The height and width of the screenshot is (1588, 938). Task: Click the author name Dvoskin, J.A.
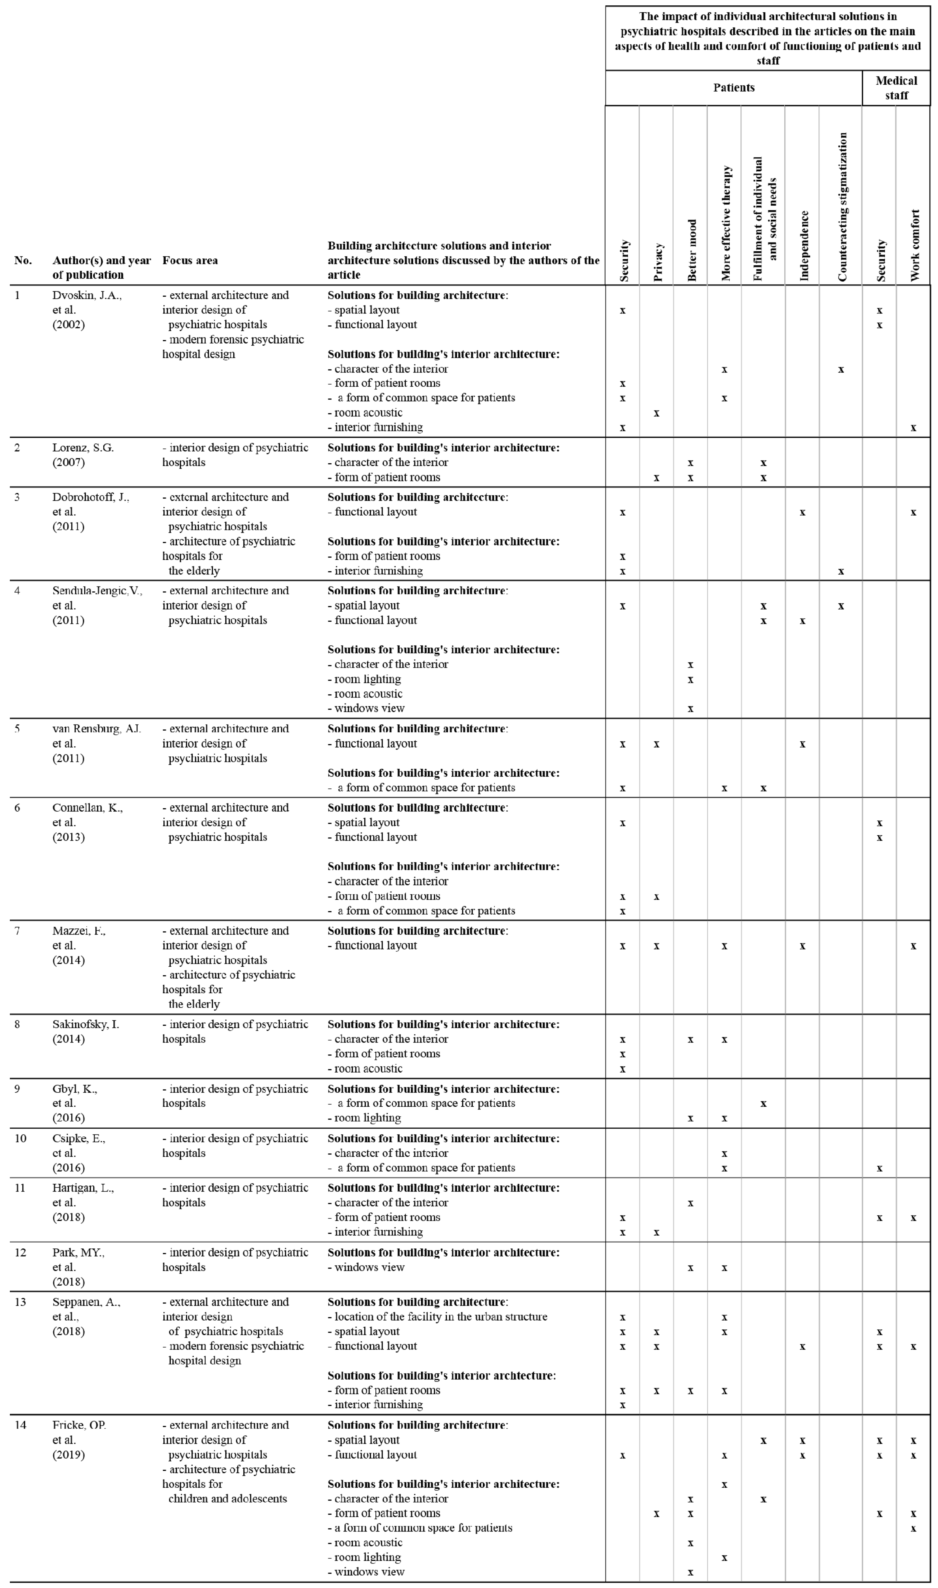pos(87,295)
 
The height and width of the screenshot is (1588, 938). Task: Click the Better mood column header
pos(691,250)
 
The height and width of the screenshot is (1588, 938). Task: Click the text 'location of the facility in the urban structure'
pos(441,1317)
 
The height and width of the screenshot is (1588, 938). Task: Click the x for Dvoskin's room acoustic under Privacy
pos(657,413)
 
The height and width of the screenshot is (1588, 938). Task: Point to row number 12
pos(20,1253)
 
